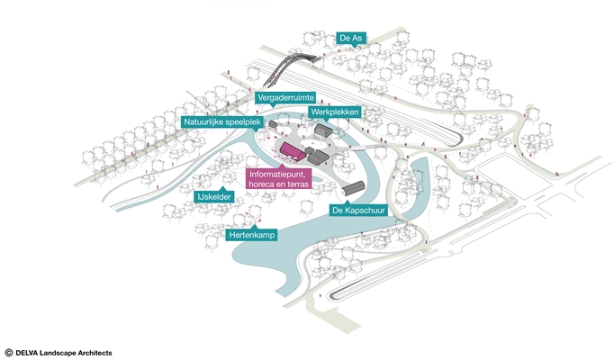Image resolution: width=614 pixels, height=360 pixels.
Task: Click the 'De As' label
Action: (350, 38)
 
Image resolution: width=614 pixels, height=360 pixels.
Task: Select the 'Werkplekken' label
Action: (335, 113)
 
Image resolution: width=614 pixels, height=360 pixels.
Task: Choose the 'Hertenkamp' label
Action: (252, 235)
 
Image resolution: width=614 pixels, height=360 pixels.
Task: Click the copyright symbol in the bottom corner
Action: (8, 353)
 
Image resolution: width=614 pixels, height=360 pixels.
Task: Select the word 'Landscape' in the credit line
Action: (61, 353)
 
